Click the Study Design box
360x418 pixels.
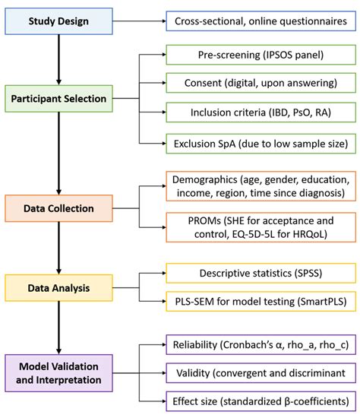[x=58, y=21]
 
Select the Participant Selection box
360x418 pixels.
[x=58, y=99]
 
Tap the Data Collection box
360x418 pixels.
[x=58, y=207]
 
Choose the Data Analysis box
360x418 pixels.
[x=58, y=287]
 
